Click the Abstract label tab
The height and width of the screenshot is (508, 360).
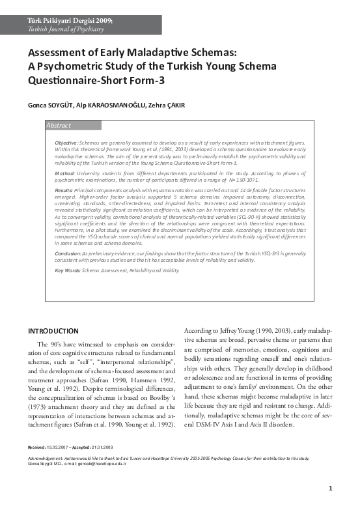[59, 125]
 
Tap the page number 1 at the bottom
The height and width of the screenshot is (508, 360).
[331, 488]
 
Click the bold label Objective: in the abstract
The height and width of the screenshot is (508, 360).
[67, 142]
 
